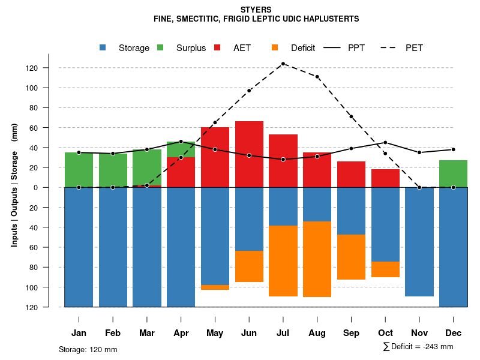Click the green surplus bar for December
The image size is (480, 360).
(453, 173)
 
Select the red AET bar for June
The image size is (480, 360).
(249, 154)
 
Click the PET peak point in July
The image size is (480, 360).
(283, 64)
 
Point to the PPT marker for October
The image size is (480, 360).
(385, 143)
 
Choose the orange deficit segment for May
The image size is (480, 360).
(215, 287)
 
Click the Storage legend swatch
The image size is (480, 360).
(103, 47)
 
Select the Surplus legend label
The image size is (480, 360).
(191, 48)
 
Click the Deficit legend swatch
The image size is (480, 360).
(275, 47)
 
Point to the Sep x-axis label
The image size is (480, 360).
(351, 333)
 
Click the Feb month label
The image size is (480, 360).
(113, 333)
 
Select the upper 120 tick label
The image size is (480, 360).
(49, 68)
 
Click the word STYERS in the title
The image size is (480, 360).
(256, 10)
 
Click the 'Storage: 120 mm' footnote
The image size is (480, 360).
(88, 349)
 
